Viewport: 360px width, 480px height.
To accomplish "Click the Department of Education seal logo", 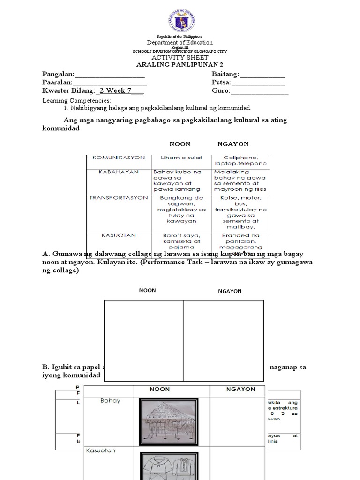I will point(180,21).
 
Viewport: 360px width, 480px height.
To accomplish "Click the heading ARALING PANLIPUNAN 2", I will point(180,64).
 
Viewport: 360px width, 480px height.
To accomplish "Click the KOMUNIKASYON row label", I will point(119,157).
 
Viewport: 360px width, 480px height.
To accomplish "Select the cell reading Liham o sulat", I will point(181,158).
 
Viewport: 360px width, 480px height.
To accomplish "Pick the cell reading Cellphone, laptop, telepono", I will point(240,161).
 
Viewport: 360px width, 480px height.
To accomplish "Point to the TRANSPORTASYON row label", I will point(119,198).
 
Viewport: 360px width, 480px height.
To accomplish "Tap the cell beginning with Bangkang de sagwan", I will point(182,209).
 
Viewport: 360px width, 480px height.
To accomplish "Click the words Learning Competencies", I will point(77,101).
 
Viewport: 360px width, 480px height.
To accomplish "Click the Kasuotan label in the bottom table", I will point(100,450).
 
